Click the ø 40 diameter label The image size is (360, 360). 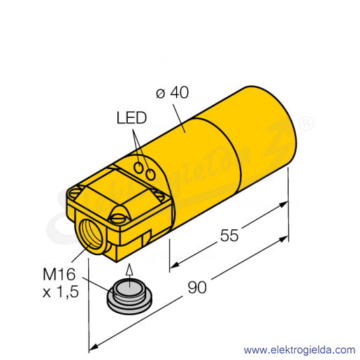172,93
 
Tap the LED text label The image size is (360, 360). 131,118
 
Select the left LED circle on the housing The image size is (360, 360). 139,168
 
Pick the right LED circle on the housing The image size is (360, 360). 150,174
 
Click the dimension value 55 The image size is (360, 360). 229,236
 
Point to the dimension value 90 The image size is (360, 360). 197,287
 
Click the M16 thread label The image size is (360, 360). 59,274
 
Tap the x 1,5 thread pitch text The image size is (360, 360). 61,291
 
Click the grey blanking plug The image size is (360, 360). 129,296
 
